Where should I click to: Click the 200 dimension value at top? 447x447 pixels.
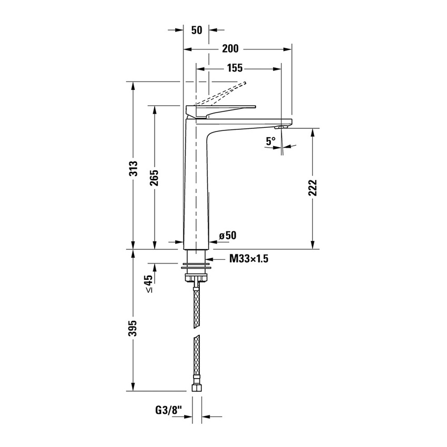(x=230, y=49)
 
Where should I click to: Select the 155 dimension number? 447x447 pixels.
(x=235, y=68)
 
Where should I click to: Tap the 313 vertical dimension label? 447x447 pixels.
(x=134, y=168)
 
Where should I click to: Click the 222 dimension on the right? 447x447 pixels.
(x=313, y=188)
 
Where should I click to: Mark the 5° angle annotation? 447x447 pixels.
(x=270, y=141)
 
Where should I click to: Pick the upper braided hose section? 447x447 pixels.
(x=196, y=308)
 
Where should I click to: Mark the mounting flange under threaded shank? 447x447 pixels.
(x=196, y=269)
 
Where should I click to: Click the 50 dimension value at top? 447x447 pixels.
(x=197, y=30)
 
